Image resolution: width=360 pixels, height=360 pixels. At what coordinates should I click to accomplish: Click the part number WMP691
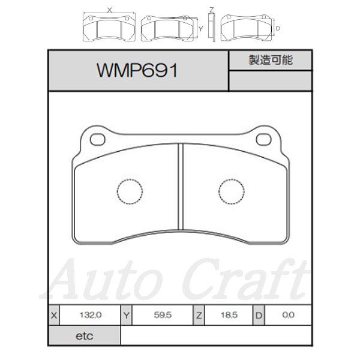[137, 70]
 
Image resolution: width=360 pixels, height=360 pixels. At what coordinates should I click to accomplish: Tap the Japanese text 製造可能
[271, 60]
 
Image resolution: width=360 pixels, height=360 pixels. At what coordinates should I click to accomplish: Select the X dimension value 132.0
[91, 315]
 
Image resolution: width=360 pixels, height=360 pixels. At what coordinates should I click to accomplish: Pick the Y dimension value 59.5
[163, 315]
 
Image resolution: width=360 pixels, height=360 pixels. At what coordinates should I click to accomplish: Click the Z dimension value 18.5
[229, 315]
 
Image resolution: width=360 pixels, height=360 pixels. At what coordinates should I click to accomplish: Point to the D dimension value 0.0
[289, 315]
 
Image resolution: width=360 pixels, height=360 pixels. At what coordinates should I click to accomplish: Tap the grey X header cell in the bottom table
[54, 315]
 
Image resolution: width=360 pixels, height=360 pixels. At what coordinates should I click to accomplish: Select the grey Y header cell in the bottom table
[127, 315]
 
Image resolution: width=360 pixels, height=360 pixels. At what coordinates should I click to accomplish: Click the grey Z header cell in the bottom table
[199, 315]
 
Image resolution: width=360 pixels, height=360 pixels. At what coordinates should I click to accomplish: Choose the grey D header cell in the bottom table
[259, 315]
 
